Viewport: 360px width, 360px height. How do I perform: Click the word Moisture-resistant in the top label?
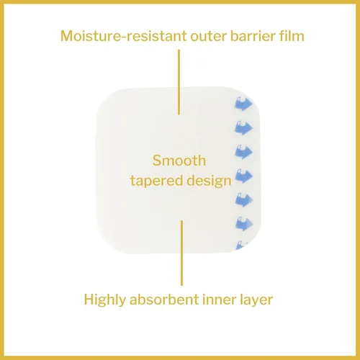pyautogui.click(x=123, y=36)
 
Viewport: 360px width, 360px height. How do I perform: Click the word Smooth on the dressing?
pyautogui.click(x=179, y=161)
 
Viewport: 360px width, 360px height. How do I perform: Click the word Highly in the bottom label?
pyautogui.click(x=105, y=300)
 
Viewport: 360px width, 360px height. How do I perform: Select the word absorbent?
pyautogui.click(x=164, y=300)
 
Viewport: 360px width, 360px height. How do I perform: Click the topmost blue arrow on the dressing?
pyautogui.click(x=243, y=104)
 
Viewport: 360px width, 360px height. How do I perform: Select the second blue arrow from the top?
pyautogui.click(x=243, y=127)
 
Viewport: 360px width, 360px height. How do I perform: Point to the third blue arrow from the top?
pyautogui.click(x=243, y=152)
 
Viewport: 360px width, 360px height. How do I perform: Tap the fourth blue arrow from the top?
pyautogui.click(x=243, y=176)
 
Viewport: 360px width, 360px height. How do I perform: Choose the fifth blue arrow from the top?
pyautogui.click(x=244, y=200)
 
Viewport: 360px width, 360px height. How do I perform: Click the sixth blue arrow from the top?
pyautogui.click(x=244, y=224)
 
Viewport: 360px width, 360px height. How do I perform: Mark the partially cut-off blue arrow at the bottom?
pyautogui.click(x=242, y=246)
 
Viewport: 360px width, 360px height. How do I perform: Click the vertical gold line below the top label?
pyautogui.click(x=179, y=82)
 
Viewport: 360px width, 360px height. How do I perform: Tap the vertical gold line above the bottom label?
pyautogui.click(x=181, y=253)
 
